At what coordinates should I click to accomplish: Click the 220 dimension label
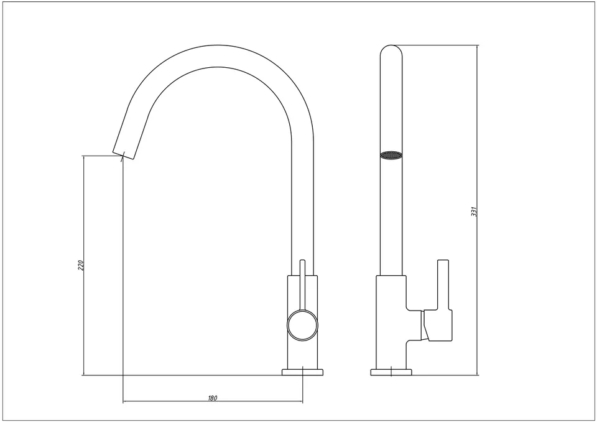tap(80, 265)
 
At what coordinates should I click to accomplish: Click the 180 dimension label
tap(213, 398)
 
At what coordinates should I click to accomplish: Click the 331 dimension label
tap(474, 212)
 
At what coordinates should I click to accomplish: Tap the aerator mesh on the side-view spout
tap(391, 155)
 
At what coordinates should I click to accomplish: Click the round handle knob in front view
tap(302, 325)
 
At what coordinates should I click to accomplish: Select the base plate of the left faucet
tap(302, 372)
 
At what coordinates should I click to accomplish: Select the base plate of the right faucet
tap(391, 372)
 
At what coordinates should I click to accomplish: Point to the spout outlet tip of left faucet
tap(124, 154)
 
